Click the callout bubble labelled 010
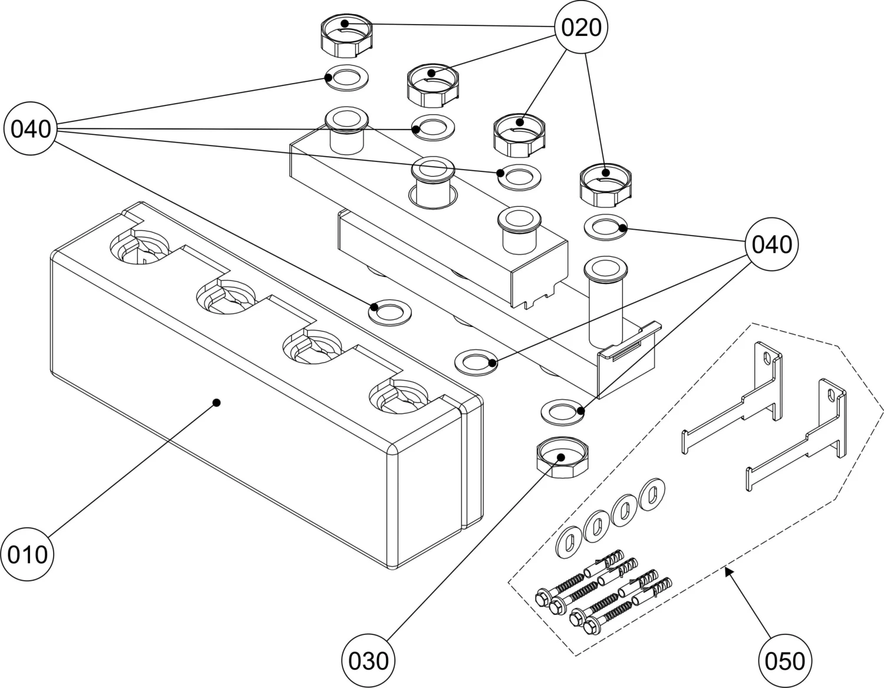tap(28, 554)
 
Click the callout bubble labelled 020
tap(581, 28)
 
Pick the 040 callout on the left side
tap(31, 128)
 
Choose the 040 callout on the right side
tap(773, 244)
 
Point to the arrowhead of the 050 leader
tap(728, 570)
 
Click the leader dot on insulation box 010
tap(216, 402)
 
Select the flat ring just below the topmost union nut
tap(346, 78)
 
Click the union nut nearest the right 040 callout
tap(606, 183)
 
